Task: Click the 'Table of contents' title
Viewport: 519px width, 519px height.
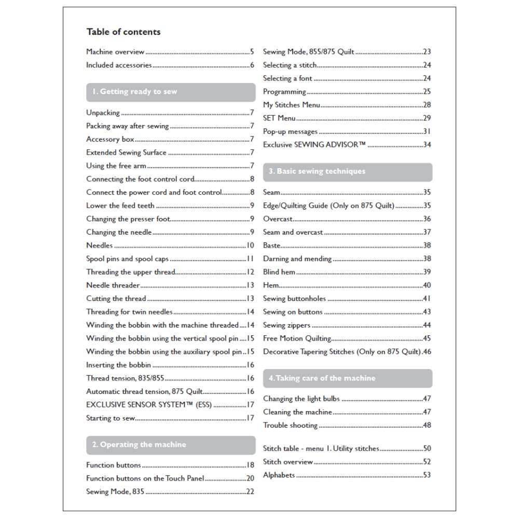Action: [x=124, y=32]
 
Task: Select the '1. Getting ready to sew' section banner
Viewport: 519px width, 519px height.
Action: [x=170, y=92]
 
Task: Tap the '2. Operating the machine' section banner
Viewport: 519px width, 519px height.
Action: [x=170, y=445]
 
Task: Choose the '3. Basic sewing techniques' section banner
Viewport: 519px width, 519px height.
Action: [x=347, y=172]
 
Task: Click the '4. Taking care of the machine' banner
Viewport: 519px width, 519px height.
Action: [x=347, y=378]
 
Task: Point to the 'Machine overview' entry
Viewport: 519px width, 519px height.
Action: [x=115, y=52]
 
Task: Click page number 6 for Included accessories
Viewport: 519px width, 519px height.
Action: [x=252, y=65]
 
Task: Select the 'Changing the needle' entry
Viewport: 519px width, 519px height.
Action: [x=119, y=232]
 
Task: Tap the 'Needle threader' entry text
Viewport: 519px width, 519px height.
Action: [x=113, y=285]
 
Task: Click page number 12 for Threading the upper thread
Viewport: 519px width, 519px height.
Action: [x=250, y=272]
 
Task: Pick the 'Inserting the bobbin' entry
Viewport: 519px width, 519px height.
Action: [x=118, y=365]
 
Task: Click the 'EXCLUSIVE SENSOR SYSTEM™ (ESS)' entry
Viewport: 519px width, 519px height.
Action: [x=148, y=405]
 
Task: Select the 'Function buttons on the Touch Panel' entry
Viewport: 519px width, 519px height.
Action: [x=145, y=479]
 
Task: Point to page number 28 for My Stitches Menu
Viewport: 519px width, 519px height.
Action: [x=427, y=105]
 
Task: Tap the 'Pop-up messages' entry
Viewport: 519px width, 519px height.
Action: [x=290, y=132]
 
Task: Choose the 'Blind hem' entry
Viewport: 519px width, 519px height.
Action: [x=279, y=272]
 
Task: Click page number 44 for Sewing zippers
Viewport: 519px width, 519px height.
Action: [x=427, y=325]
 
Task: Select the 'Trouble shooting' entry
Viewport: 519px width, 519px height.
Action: [x=290, y=426]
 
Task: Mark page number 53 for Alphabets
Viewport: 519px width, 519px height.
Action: [x=427, y=475]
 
